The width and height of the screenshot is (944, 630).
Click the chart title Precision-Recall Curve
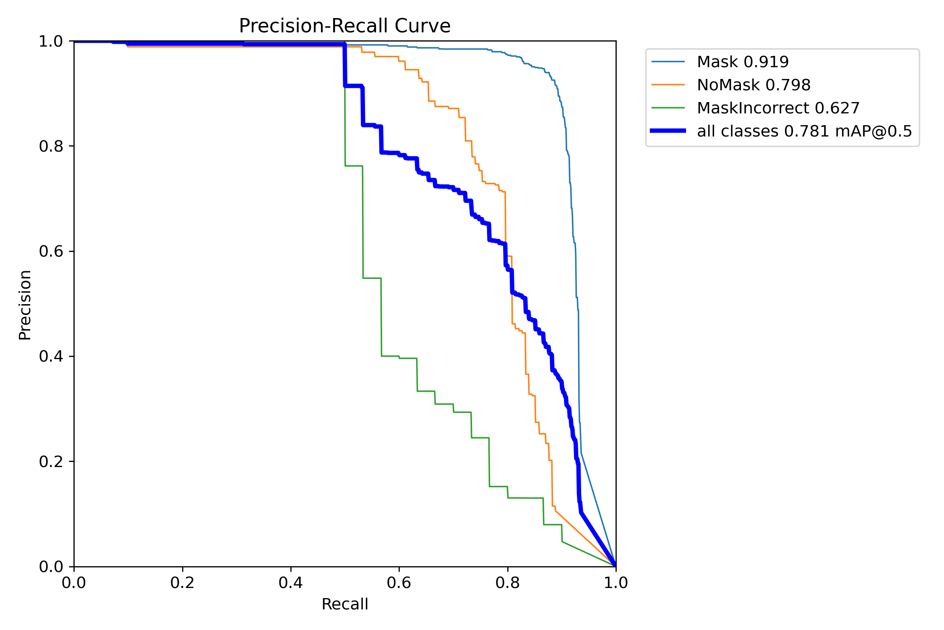point(344,26)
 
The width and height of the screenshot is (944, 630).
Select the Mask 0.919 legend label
point(743,62)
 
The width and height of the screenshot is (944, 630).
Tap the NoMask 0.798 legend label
point(754,85)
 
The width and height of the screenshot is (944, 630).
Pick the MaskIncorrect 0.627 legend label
point(778,108)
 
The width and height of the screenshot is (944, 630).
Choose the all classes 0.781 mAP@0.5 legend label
point(804,131)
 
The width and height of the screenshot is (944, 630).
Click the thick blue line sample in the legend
point(668,131)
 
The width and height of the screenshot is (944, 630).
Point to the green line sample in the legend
point(668,108)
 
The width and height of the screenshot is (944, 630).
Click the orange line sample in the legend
point(668,85)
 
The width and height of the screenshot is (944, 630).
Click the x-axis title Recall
point(344,604)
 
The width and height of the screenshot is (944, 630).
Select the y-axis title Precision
point(25,304)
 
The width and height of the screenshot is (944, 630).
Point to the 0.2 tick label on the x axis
point(183,583)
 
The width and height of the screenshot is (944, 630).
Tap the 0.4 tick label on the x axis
point(291,583)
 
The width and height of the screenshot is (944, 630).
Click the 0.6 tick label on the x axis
point(399,583)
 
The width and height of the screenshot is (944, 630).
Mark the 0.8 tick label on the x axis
point(507,583)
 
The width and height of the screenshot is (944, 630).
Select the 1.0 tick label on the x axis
point(615,583)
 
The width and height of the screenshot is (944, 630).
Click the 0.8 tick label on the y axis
point(51,147)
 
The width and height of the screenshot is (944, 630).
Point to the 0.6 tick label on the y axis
point(51,252)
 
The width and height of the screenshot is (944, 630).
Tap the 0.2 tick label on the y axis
point(51,462)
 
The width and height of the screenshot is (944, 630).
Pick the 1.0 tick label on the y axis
point(51,42)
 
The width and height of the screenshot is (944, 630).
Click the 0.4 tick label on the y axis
point(51,357)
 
